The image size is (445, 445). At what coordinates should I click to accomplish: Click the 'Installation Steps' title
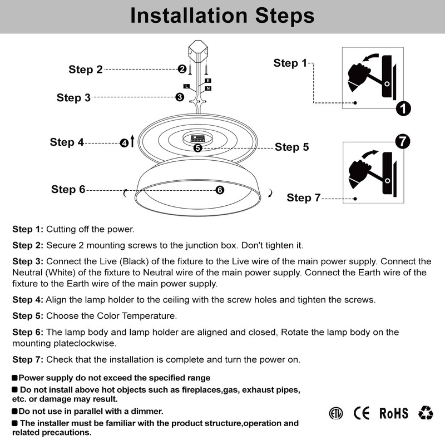tap(222, 16)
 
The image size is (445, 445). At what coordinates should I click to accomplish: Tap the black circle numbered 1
tap(403, 108)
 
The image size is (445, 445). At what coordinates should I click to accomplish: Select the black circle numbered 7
tap(403, 141)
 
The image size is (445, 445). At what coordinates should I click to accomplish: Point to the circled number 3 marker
tap(180, 97)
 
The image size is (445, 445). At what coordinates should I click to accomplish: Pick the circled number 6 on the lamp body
tap(220, 190)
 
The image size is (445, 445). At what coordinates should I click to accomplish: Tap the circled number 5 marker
tap(198, 147)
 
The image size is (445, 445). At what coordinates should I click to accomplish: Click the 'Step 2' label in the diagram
tap(86, 70)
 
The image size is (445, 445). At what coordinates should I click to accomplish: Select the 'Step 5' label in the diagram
tap(291, 147)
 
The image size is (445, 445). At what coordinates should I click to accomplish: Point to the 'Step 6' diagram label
tap(68, 189)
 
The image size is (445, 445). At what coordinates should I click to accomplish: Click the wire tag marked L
tap(187, 86)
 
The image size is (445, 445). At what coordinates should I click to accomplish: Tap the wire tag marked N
tap(208, 88)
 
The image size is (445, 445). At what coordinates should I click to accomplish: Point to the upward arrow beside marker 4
tap(132, 141)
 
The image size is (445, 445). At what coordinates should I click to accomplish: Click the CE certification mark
tap(362, 413)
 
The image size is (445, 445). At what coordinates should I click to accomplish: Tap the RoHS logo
tap(394, 413)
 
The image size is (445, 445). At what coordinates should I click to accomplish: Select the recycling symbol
tap(426, 412)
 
